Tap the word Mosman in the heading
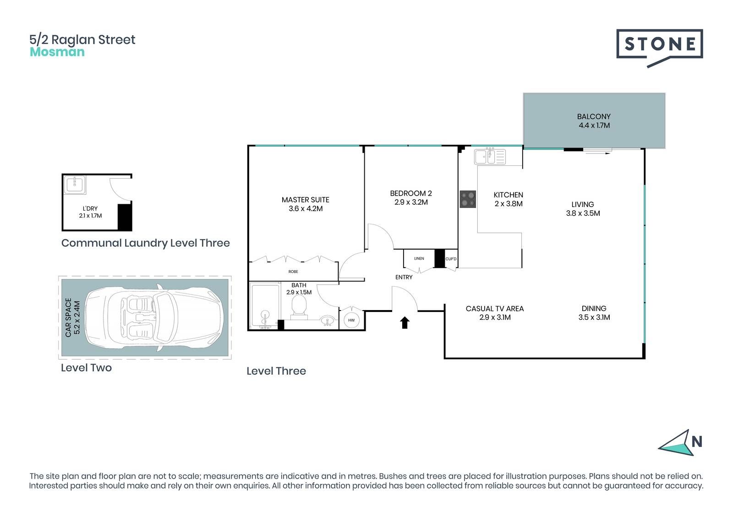tap(57, 52)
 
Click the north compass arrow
tap(677, 444)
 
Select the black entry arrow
tap(405, 322)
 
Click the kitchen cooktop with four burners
tap(468, 199)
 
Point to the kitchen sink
tap(490, 157)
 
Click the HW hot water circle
tap(351, 320)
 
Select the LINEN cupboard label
tap(419, 258)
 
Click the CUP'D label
tap(451, 259)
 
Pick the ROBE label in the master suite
tap(293, 272)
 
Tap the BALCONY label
tap(594, 116)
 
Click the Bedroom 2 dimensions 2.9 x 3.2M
tap(411, 202)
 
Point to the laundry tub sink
tap(75, 185)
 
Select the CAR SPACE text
tap(68, 317)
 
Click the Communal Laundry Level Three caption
tap(146, 243)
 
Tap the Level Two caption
tap(87, 368)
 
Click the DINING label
tap(594, 308)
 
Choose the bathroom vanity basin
tap(327, 321)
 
